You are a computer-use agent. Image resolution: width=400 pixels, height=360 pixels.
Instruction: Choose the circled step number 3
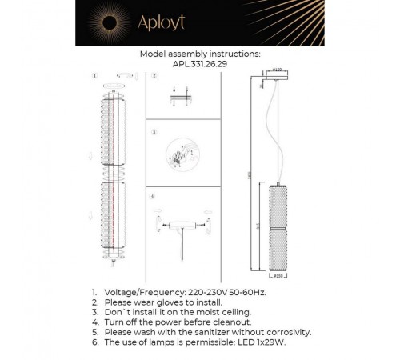(x=153, y=129)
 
